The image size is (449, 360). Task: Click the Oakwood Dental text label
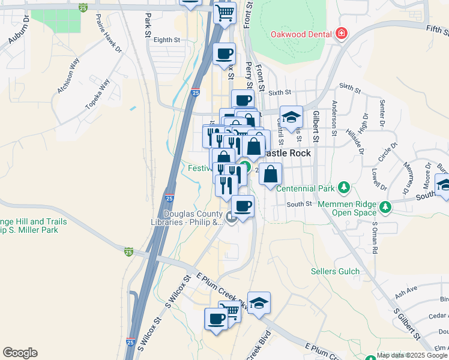301,34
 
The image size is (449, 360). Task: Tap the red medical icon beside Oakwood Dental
342,34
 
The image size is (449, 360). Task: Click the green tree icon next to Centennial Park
343,188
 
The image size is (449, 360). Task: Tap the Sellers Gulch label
334,271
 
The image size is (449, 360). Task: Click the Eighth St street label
167,40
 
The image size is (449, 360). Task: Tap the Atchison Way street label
68,76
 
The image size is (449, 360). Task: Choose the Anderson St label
334,114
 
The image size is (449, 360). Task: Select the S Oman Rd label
375,235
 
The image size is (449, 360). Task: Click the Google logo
20,353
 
